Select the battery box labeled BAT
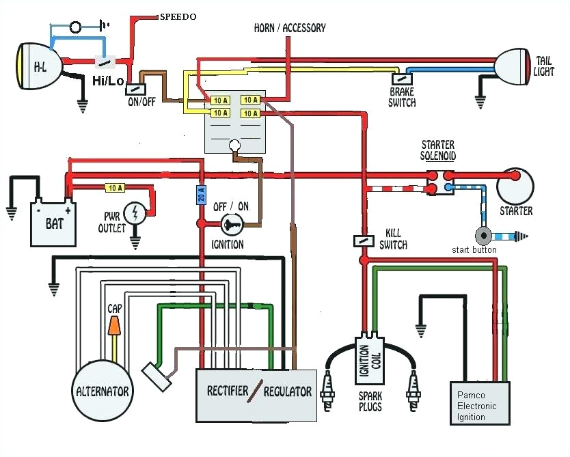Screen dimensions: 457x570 pyautogui.click(x=54, y=222)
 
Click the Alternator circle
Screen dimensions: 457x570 pyautogui.click(x=103, y=391)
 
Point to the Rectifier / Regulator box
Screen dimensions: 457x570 pyautogui.click(x=257, y=395)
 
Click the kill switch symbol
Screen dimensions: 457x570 pyautogui.click(x=363, y=240)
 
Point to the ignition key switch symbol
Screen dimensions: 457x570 pyautogui.click(x=230, y=223)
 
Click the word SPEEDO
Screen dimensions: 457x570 pyautogui.click(x=178, y=16)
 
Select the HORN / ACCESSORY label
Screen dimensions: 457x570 pyautogui.click(x=290, y=28)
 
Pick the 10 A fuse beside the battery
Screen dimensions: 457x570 pyautogui.click(x=114, y=186)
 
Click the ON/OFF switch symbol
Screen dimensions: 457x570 pyautogui.click(x=136, y=88)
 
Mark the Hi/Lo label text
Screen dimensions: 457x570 pyautogui.click(x=108, y=81)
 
